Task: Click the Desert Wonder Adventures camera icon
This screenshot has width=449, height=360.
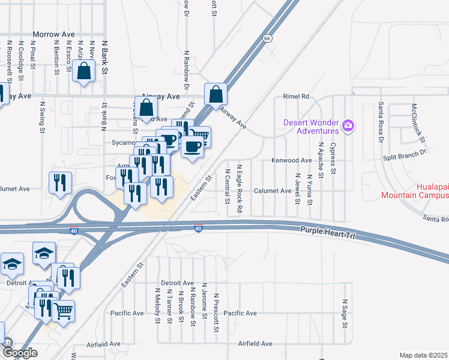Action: [x=348, y=126]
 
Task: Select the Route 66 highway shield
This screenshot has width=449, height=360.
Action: [x=268, y=38]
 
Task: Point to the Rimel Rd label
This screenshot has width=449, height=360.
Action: [x=296, y=97]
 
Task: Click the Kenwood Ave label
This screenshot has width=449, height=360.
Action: [x=292, y=161]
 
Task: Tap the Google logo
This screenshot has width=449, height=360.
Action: [x=20, y=353]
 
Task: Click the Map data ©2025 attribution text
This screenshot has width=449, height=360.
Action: [x=424, y=355]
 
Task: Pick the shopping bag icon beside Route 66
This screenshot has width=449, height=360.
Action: [x=215, y=94]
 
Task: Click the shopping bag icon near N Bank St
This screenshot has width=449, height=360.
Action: [x=83, y=71]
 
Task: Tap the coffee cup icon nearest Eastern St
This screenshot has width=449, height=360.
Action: [x=192, y=146]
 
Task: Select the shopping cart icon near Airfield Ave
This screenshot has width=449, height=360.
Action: [x=63, y=311]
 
